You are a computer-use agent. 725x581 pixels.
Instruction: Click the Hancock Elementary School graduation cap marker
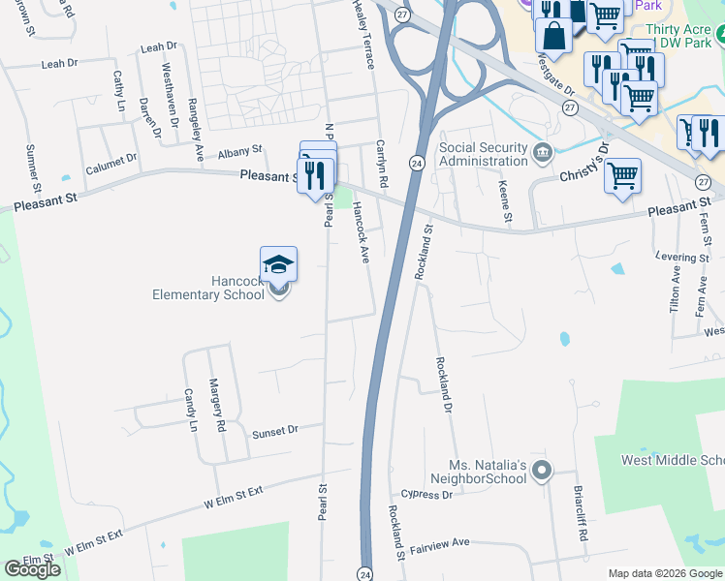278,264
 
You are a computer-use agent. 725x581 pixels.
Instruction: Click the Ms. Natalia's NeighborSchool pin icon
542,473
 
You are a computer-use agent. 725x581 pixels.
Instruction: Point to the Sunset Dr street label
274,429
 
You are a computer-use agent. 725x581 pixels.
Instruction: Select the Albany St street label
240,152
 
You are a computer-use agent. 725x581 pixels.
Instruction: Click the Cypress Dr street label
427,495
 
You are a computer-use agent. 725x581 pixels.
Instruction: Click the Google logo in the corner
33,569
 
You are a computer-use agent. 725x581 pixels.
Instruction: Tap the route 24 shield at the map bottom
365,572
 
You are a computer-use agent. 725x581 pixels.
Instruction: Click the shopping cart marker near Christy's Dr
622,176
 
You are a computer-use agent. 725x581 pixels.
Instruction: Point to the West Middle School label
673,459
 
